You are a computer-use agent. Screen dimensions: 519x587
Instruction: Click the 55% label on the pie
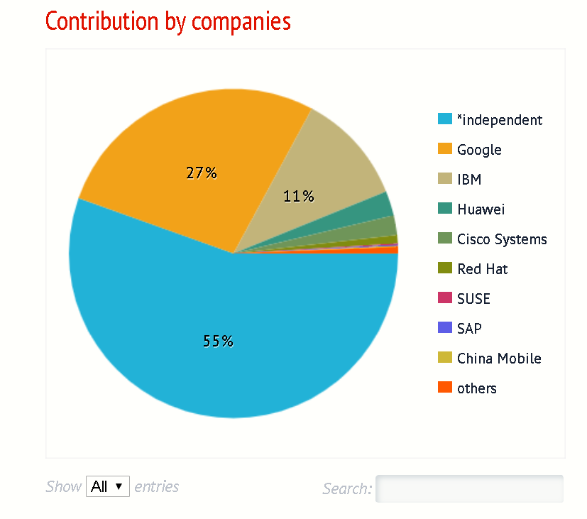(x=218, y=341)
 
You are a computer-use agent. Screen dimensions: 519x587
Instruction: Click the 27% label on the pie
(x=202, y=173)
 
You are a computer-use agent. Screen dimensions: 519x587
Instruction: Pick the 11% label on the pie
(x=298, y=196)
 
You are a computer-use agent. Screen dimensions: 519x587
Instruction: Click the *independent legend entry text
(x=499, y=120)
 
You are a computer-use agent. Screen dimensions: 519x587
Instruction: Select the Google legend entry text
(x=479, y=150)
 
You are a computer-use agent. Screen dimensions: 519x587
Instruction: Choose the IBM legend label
(x=469, y=180)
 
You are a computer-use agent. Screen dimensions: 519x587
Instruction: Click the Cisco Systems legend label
(x=502, y=239)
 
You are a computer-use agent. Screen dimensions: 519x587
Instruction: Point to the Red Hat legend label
(x=482, y=269)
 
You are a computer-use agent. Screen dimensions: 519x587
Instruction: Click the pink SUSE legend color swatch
(x=445, y=297)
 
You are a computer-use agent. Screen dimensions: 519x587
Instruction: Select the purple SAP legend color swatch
(x=445, y=327)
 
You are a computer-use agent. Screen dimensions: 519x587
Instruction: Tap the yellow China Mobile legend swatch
(x=445, y=357)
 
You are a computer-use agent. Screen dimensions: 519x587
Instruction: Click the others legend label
(x=476, y=388)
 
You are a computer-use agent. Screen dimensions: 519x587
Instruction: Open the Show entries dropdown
(x=108, y=487)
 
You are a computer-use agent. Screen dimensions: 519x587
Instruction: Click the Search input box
(x=468, y=488)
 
